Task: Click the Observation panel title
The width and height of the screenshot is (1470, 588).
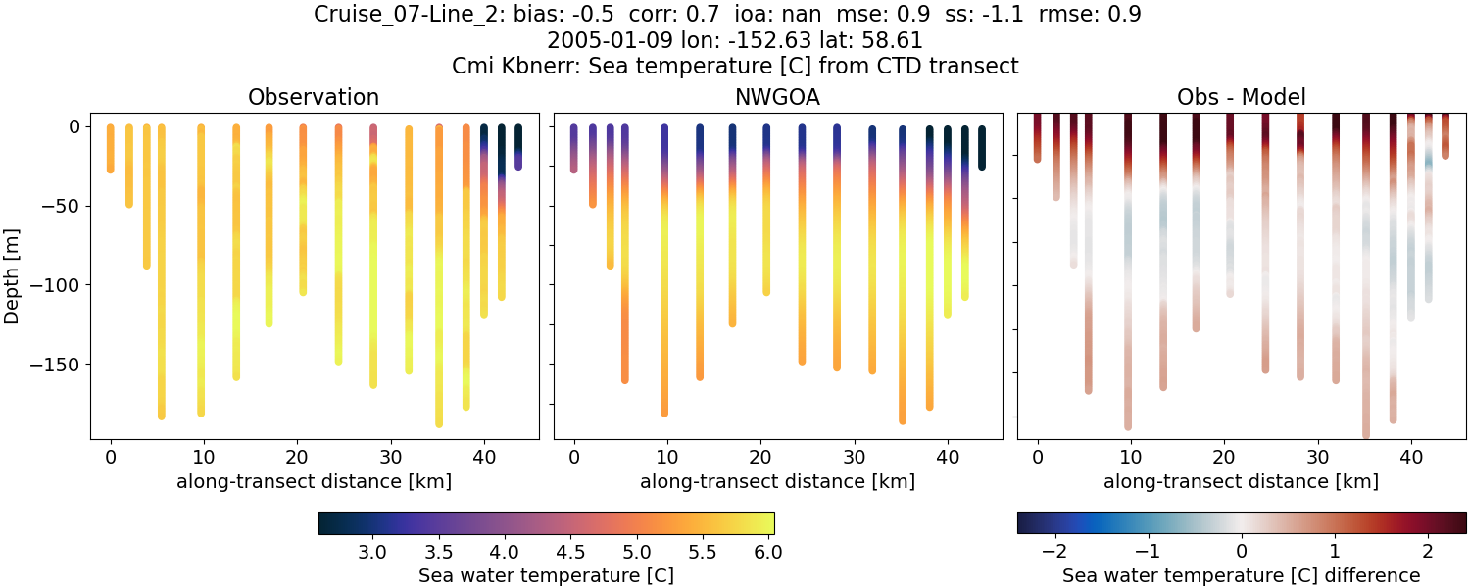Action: (314, 97)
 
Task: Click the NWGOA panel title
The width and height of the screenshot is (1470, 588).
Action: (777, 97)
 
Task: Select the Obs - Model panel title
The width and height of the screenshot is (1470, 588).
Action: (1241, 97)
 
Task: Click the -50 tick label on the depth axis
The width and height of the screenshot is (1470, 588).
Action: (61, 206)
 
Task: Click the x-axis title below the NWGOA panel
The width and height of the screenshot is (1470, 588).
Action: (777, 481)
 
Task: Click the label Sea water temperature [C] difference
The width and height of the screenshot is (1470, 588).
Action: (1241, 575)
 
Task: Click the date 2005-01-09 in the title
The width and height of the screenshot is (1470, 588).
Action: (600, 40)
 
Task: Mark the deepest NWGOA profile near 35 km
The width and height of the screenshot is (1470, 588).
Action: (903, 294)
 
